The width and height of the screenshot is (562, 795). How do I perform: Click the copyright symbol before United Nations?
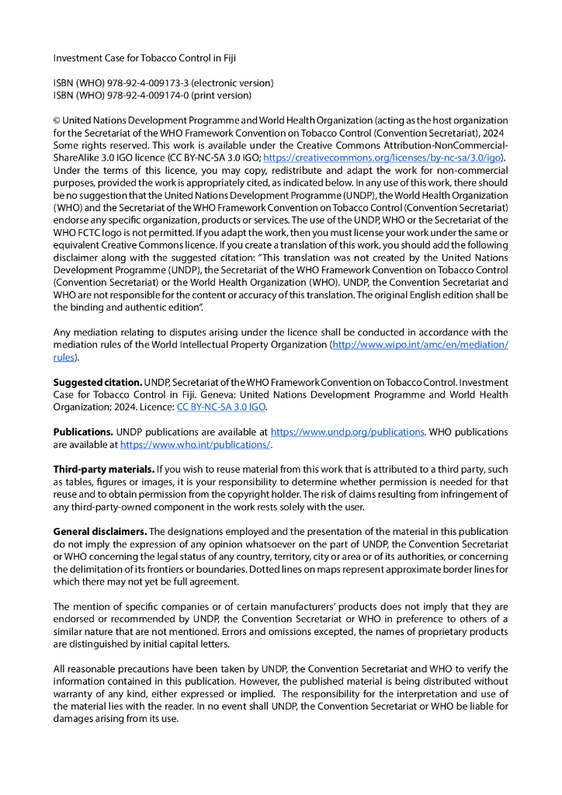click(x=57, y=120)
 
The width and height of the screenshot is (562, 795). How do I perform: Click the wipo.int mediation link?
click(x=420, y=344)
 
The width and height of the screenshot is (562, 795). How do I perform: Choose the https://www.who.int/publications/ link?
click(x=195, y=445)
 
